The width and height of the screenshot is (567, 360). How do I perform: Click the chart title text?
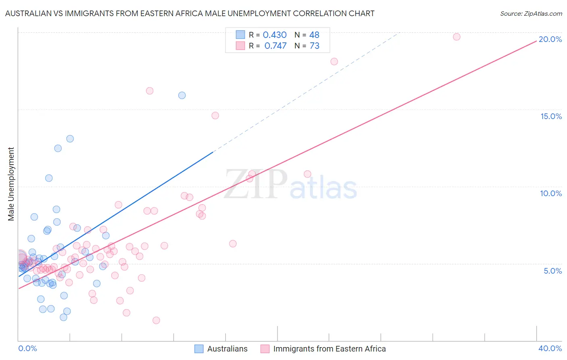pyautogui.click(x=190, y=13)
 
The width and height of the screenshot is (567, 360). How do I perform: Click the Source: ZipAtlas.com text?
pyautogui.click(x=531, y=13)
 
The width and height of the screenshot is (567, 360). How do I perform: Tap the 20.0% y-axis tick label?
pyautogui.click(x=550, y=39)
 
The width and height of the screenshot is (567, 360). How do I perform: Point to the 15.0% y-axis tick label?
pyautogui.click(x=551, y=116)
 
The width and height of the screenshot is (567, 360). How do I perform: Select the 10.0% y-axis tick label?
pyautogui.click(x=551, y=193)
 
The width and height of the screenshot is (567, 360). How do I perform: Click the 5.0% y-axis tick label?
pyautogui.click(x=552, y=271)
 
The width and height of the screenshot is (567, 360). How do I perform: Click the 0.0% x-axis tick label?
pyautogui.click(x=27, y=348)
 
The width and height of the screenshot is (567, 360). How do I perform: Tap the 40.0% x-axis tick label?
pyautogui.click(x=550, y=348)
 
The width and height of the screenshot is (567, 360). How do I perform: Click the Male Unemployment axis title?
pyautogui.click(x=11, y=184)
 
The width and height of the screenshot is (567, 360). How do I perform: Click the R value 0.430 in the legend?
pyautogui.click(x=274, y=35)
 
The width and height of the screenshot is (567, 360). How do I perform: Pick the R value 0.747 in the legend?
pyautogui.click(x=275, y=46)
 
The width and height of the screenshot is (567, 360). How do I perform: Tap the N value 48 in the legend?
pyautogui.click(x=314, y=35)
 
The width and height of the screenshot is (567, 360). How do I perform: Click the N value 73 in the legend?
pyautogui.click(x=314, y=46)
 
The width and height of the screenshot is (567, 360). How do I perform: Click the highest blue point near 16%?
pyautogui.click(x=182, y=95)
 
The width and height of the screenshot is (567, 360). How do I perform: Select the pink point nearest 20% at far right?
pyautogui.click(x=457, y=37)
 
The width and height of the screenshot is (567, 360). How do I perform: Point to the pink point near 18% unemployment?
pyautogui.click(x=334, y=62)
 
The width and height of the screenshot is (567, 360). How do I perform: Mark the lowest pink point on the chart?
pyautogui.click(x=156, y=320)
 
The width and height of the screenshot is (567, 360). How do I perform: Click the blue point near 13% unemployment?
pyautogui.click(x=70, y=139)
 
